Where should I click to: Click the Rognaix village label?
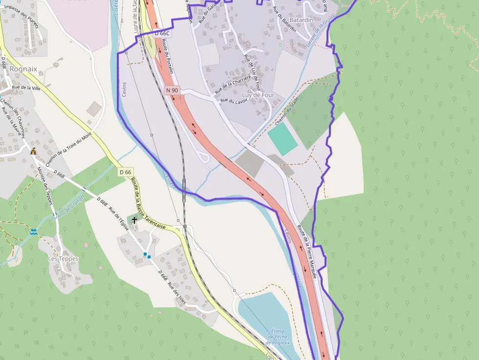(23, 69)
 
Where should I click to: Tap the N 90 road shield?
(172, 90)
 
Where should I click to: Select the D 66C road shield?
(162, 34)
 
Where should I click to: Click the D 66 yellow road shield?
(125, 172)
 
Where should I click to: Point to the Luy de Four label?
(258, 95)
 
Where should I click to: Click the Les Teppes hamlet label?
(63, 258)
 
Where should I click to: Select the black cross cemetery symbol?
(134, 221)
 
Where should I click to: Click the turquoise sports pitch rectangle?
(282, 139)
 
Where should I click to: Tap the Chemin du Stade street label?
(287, 109)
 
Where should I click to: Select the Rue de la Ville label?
(26, 88)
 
